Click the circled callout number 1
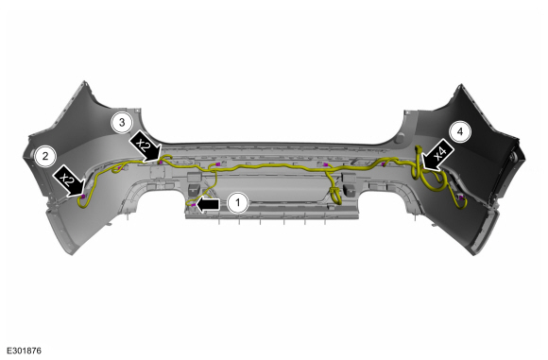click(x=238, y=202)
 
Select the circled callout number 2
click(x=45, y=156)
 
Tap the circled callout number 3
click(x=122, y=123)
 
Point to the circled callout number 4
click(x=460, y=131)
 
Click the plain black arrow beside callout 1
click(x=208, y=204)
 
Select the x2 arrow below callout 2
click(x=69, y=181)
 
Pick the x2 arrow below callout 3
click(x=146, y=146)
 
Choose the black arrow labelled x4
click(x=437, y=155)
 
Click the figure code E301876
click(x=24, y=351)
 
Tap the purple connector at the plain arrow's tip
click(x=194, y=204)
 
